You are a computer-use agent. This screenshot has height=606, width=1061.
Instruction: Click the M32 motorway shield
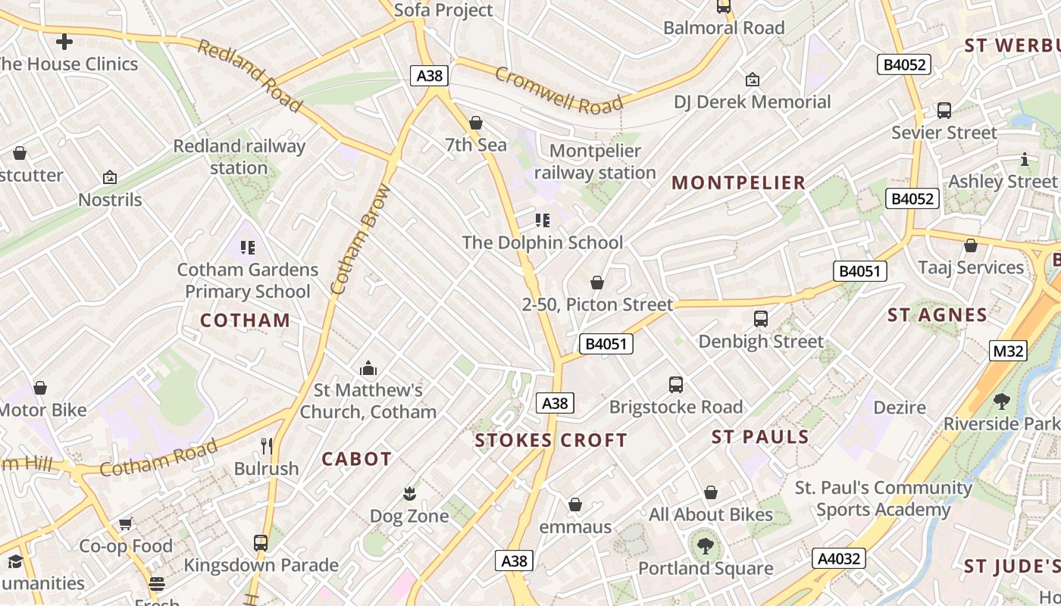(x=1008, y=351)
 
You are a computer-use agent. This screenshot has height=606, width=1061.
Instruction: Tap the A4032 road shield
(x=839, y=559)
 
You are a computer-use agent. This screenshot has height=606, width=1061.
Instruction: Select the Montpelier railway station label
(x=595, y=162)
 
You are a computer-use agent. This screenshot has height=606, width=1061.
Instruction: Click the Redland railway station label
(x=239, y=157)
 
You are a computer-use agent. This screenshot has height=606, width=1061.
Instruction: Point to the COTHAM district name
(x=245, y=320)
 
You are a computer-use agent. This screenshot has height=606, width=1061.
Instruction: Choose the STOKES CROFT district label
(x=551, y=440)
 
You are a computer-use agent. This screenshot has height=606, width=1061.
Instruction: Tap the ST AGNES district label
(x=937, y=315)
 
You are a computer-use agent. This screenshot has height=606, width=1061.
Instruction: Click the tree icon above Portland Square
(x=706, y=545)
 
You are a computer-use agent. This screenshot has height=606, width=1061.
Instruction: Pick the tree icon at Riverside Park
(x=1001, y=401)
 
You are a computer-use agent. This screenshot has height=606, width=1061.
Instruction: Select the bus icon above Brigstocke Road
(x=676, y=385)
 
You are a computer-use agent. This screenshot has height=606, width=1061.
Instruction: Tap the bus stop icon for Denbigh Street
(x=761, y=319)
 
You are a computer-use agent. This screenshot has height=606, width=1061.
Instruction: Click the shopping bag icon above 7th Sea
(x=476, y=123)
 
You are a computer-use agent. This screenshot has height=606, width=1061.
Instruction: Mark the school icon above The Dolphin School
(x=543, y=220)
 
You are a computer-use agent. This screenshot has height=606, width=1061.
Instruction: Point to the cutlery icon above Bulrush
(x=266, y=446)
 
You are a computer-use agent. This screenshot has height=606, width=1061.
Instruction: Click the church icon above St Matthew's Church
(x=368, y=368)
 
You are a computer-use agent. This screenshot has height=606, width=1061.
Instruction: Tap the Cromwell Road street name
(x=559, y=89)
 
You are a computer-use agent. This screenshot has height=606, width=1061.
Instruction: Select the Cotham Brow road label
(x=361, y=240)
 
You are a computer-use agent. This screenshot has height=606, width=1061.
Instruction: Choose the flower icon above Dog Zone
(x=409, y=494)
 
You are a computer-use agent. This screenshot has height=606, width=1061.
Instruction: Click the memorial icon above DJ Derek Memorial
(x=753, y=80)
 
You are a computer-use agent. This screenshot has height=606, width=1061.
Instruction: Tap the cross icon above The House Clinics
(x=64, y=42)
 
